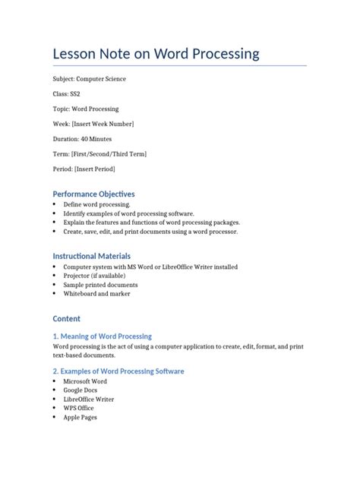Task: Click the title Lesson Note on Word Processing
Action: point(156,54)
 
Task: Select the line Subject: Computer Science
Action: point(90,79)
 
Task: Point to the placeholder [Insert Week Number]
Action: point(105,124)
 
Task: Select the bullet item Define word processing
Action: point(96,205)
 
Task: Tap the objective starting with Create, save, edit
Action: point(150,232)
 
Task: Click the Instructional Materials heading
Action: point(92,257)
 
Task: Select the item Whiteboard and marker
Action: point(96,294)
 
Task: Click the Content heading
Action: point(66,318)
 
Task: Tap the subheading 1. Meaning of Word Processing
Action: point(102,336)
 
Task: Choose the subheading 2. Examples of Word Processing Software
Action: point(118,371)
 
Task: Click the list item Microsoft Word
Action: point(85,381)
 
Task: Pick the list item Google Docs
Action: point(81,390)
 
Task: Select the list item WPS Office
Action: point(80,408)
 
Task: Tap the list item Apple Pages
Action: point(81,417)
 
